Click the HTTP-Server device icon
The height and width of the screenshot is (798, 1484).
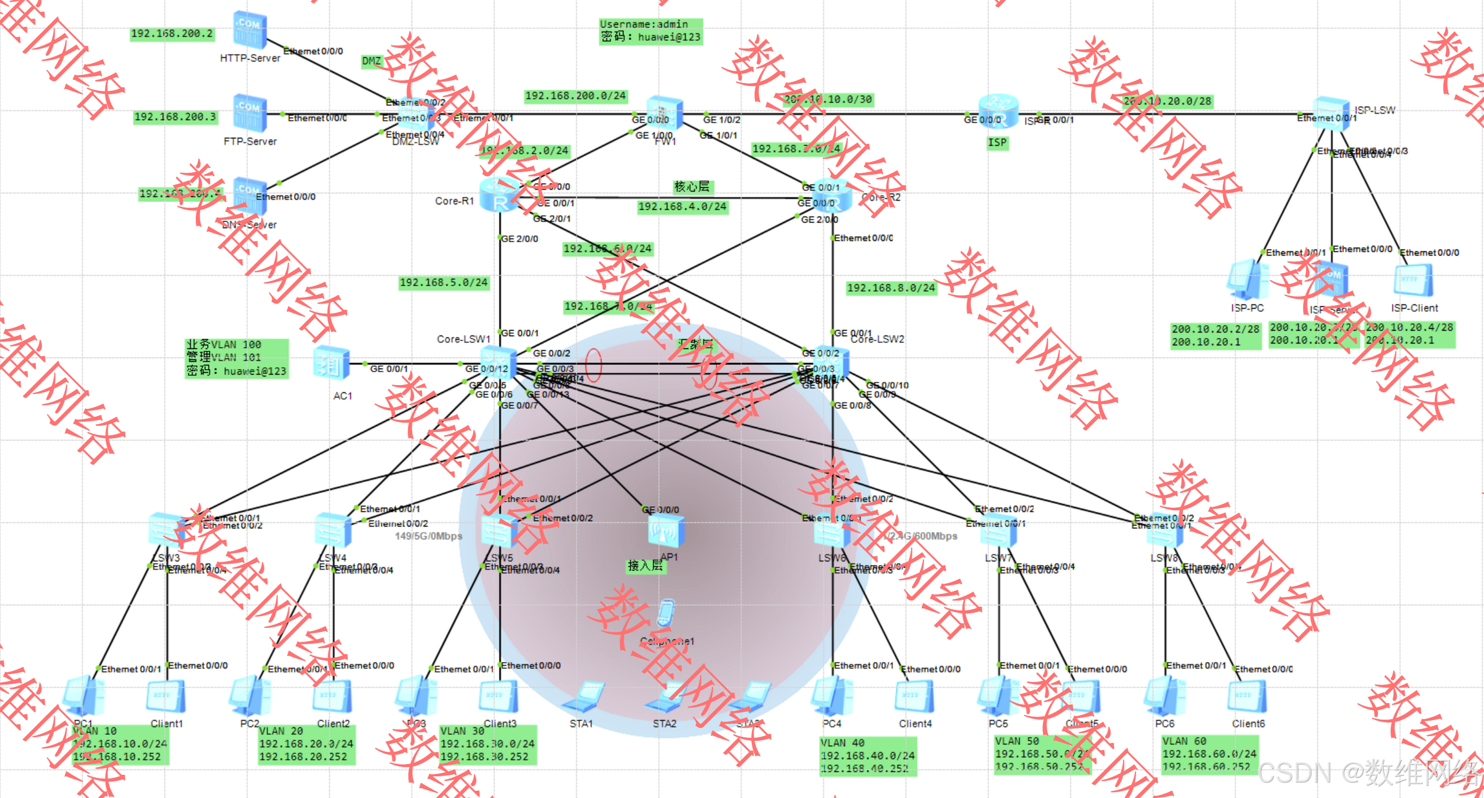click(249, 30)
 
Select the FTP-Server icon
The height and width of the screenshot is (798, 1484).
click(249, 113)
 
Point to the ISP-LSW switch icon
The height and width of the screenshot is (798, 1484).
click(1331, 113)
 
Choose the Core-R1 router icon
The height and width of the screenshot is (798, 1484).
click(499, 196)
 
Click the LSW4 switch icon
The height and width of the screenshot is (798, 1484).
click(333, 530)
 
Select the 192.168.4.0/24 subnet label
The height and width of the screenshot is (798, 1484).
click(682, 206)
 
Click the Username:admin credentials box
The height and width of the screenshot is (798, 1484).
click(650, 31)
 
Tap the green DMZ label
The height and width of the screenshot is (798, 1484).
click(372, 61)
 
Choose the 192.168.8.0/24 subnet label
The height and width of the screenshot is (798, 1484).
click(890, 288)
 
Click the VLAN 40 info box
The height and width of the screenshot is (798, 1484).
click(868, 755)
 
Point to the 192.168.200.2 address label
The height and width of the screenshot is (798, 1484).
click(172, 34)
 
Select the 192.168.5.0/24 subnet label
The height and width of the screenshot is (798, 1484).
click(444, 282)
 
